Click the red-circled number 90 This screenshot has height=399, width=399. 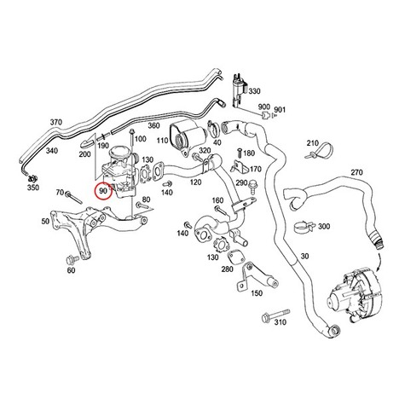(103, 191)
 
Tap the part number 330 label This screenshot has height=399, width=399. (254, 91)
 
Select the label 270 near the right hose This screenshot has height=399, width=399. (356, 172)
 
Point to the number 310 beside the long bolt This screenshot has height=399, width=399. (280, 322)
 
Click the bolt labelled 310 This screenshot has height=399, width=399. (276, 314)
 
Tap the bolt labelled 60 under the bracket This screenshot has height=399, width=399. (70, 259)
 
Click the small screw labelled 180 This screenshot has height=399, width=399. (240, 153)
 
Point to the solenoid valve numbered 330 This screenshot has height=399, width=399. (240, 91)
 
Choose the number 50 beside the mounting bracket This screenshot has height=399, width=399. (45, 221)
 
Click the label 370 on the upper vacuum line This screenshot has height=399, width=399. (56, 123)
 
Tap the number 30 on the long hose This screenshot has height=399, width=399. (304, 257)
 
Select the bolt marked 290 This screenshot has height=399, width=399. (252, 184)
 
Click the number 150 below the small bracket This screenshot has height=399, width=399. (257, 293)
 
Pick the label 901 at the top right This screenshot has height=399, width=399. (280, 109)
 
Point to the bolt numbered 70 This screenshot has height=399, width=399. (73, 197)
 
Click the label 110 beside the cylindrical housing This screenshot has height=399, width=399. (163, 141)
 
